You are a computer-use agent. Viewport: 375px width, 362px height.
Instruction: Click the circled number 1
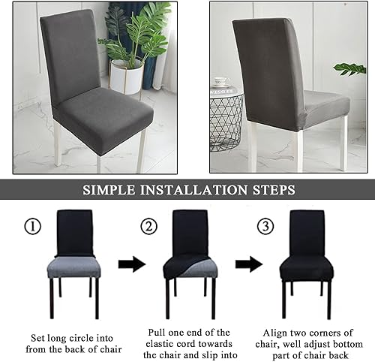coord(32,226)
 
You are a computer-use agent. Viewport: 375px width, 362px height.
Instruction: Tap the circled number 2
coord(149,226)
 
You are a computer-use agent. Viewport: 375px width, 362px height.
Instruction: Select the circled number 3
coord(265,226)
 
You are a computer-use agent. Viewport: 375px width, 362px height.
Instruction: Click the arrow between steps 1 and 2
coord(132,264)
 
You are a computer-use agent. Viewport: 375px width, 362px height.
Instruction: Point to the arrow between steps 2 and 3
coord(249,264)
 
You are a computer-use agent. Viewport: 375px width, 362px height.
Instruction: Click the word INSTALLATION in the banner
coord(193,190)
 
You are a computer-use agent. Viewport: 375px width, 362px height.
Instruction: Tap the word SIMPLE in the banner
coord(109,190)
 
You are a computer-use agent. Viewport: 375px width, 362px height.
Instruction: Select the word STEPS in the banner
coord(274,190)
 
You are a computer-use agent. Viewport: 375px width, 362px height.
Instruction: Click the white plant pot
coord(127,77)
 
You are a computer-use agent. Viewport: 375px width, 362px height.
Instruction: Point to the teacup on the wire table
coord(221,81)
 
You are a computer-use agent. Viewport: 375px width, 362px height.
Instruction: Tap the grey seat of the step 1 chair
coord(74,267)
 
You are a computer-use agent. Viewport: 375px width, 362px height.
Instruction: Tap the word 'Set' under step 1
coord(37,338)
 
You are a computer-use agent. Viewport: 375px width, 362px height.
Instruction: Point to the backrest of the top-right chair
coord(269,74)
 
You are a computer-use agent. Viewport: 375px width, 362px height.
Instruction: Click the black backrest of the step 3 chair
coord(307,234)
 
